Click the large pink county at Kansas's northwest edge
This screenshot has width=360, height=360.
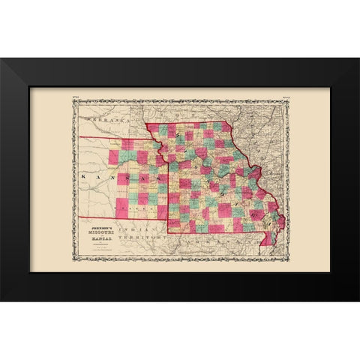[114, 157]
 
